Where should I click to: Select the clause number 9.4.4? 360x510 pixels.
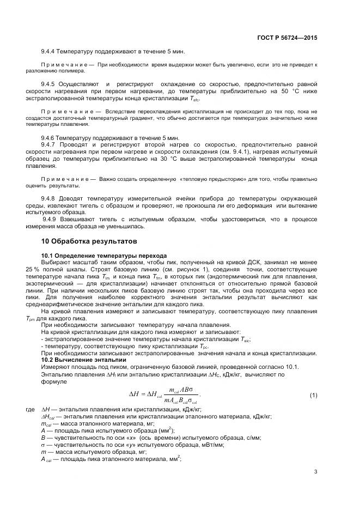(50, 52)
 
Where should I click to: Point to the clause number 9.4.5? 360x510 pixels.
(50, 84)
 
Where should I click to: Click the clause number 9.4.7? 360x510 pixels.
(50, 144)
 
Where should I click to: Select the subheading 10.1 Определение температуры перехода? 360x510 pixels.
(104, 256)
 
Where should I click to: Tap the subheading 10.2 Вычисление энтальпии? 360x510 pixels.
(84, 360)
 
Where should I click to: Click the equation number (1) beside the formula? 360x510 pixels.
(313, 394)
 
